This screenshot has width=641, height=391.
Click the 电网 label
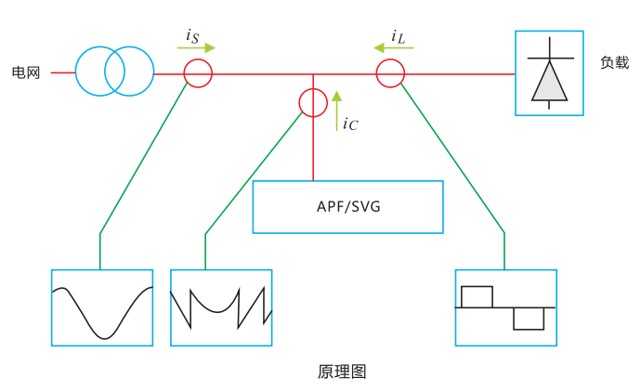(x=26, y=72)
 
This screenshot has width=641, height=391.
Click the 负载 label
(x=614, y=63)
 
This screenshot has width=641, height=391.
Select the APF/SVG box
(x=348, y=206)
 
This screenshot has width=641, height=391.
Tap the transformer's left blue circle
(x=98, y=72)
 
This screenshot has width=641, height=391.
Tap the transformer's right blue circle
(x=127, y=72)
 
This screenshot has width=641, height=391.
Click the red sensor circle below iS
(x=197, y=73)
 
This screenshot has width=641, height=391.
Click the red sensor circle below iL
(x=390, y=72)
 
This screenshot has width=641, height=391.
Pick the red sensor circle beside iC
(x=313, y=103)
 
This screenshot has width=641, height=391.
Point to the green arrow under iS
(x=197, y=47)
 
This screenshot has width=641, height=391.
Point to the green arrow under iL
(x=386, y=46)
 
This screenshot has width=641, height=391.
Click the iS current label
(x=192, y=35)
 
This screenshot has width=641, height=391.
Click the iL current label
(x=398, y=36)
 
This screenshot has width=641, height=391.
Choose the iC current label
(x=350, y=123)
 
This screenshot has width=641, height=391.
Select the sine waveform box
(x=102, y=307)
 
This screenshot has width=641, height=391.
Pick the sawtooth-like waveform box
(x=221, y=307)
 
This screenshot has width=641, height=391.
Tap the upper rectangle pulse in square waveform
(x=477, y=296)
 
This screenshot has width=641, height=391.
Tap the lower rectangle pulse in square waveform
(x=529, y=318)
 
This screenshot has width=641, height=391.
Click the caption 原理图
(x=342, y=371)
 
